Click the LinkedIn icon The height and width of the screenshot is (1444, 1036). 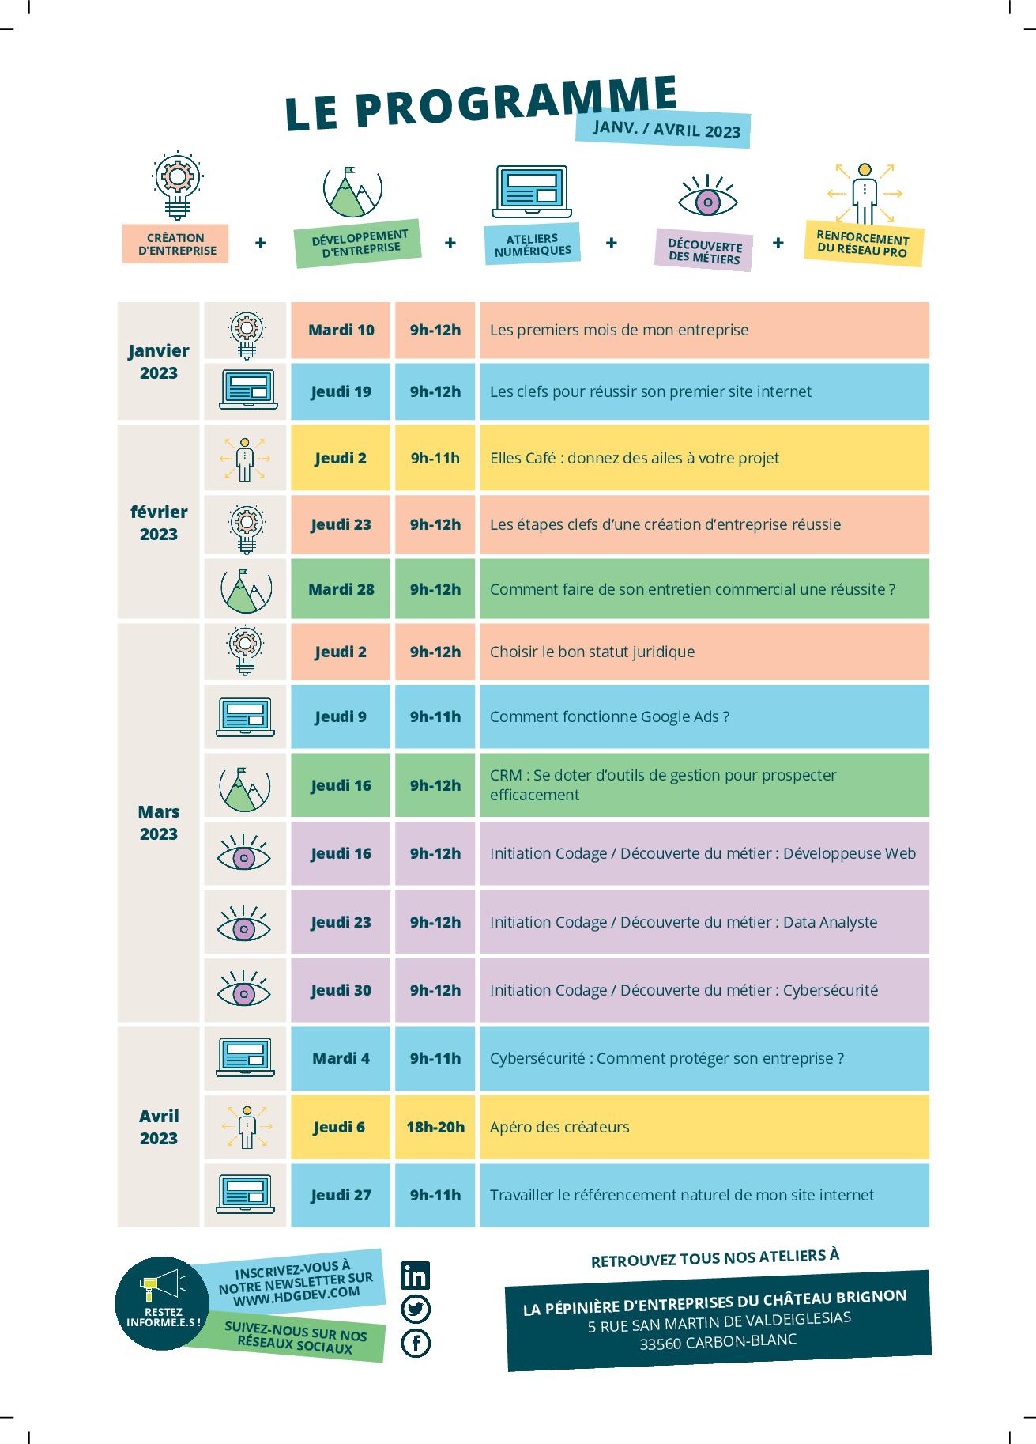pos(416,1276)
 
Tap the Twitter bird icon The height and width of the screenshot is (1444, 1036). pos(416,1310)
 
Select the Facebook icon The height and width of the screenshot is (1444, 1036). pos(416,1344)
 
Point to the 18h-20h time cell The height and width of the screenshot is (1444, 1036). pos(435,1127)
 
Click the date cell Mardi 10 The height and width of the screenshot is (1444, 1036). pos(341,330)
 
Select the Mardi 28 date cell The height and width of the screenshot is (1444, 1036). pos(341,589)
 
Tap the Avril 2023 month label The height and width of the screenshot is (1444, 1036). pos(159,1127)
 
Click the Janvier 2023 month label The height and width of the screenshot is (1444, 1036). pos(159,361)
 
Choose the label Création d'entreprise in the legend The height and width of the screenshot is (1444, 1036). pos(175,244)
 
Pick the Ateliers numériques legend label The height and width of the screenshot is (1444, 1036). pos(532,244)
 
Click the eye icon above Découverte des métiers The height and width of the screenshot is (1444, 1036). pos(708,198)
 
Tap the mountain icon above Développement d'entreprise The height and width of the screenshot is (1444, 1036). pos(352,191)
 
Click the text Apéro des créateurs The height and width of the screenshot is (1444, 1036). pos(559,1127)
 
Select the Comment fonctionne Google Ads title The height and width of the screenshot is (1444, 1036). pos(609,716)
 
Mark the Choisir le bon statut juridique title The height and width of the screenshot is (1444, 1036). pos(592,652)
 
